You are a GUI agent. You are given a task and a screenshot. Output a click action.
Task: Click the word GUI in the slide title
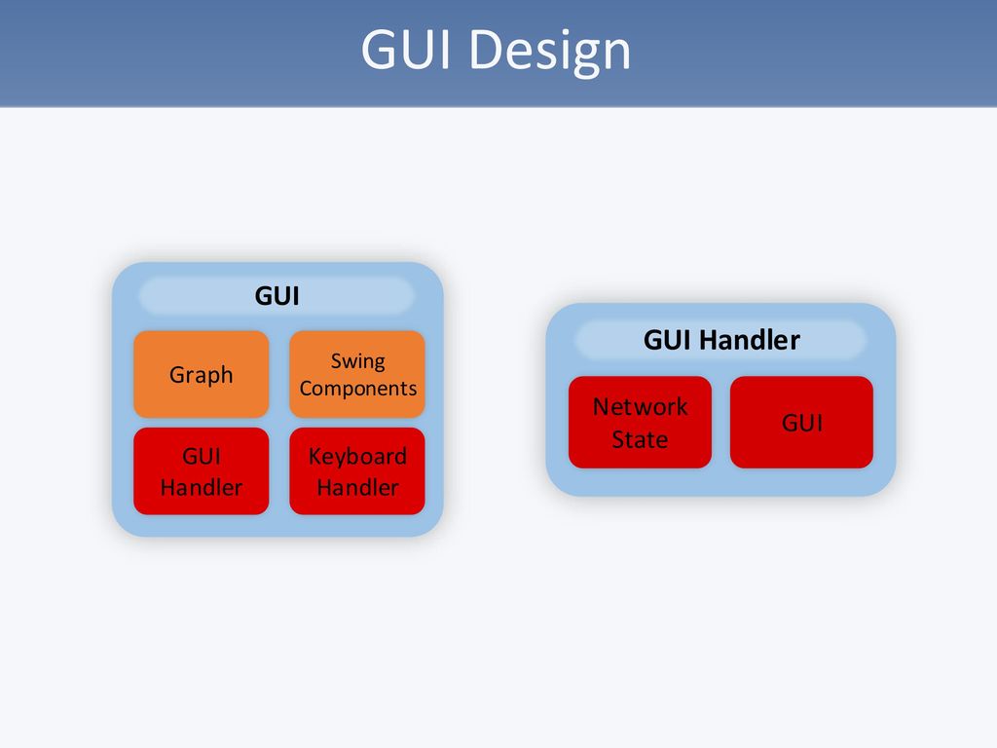click(x=408, y=51)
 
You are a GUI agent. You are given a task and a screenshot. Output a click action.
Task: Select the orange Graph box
click(x=201, y=374)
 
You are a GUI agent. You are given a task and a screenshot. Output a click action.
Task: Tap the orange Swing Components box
click(x=357, y=374)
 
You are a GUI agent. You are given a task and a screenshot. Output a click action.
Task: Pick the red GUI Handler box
click(x=201, y=471)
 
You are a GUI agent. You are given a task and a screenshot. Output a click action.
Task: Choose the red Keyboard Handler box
click(x=357, y=471)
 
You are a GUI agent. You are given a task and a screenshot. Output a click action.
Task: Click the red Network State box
click(x=640, y=422)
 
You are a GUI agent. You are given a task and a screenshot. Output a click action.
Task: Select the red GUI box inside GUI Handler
click(x=801, y=422)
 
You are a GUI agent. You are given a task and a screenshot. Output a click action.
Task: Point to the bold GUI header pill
click(x=277, y=296)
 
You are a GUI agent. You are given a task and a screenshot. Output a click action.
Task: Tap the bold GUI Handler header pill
click(x=720, y=340)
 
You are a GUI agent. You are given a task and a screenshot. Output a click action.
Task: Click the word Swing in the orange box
click(x=357, y=361)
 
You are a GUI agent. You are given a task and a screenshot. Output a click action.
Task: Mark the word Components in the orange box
click(x=357, y=389)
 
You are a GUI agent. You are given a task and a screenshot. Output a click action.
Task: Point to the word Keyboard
click(x=357, y=457)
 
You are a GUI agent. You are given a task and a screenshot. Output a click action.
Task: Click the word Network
click(x=640, y=406)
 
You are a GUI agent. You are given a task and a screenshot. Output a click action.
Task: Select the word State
click(x=640, y=439)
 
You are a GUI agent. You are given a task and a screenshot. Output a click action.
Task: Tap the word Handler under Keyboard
click(x=357, y=487)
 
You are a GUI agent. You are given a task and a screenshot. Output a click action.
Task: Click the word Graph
click(x=201, y=375)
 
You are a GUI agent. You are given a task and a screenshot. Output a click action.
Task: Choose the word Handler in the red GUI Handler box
click(x=201, y=487)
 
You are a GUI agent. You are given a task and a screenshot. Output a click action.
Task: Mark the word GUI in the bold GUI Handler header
click(x=668, y=340)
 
